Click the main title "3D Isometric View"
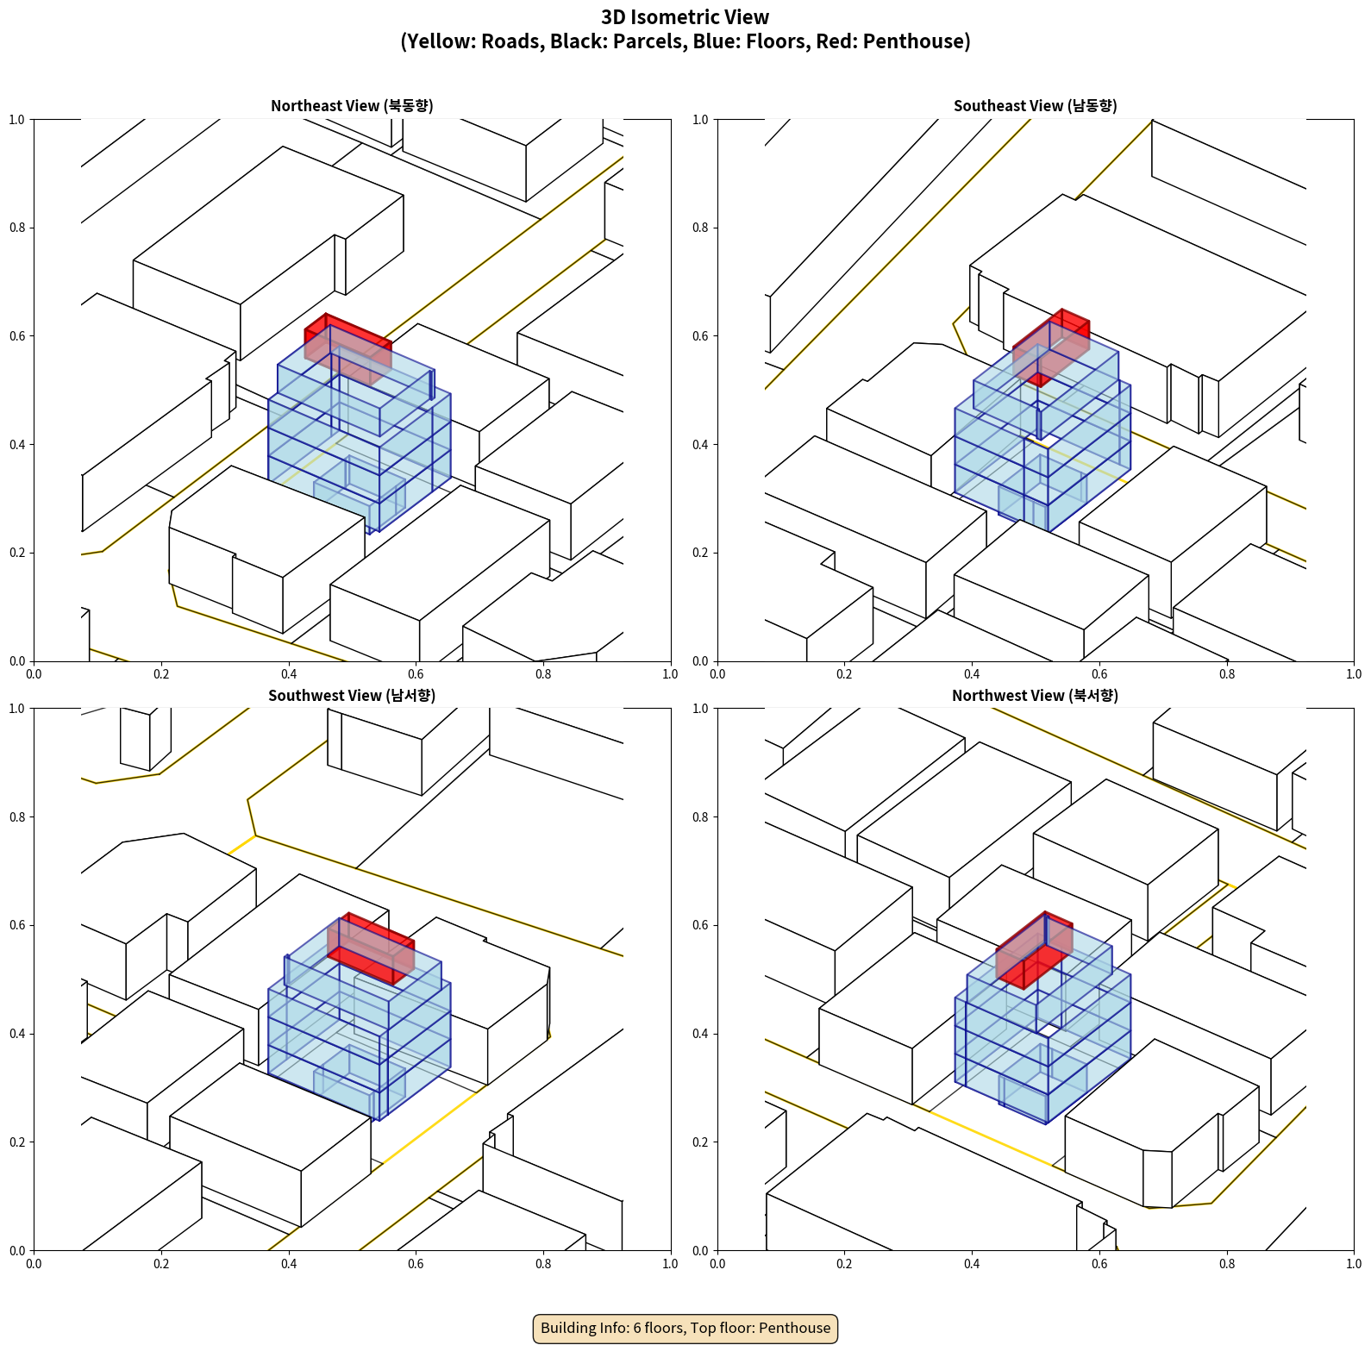tap(685, 17)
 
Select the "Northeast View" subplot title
tap(352, 106)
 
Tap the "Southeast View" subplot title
tap(1035, 106)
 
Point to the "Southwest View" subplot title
tap(352, 696)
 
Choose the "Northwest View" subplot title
tap(1035, 696)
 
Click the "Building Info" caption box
tap(685, 1328)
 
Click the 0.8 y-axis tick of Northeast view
tap(17, 228)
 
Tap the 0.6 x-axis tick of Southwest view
tap(416, 1264)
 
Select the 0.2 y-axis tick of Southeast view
tap(700, 553)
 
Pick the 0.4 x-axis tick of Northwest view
tap(972, 1264)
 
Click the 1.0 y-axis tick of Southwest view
tap(17, 709)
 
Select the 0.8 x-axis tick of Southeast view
tap(1227, 674)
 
